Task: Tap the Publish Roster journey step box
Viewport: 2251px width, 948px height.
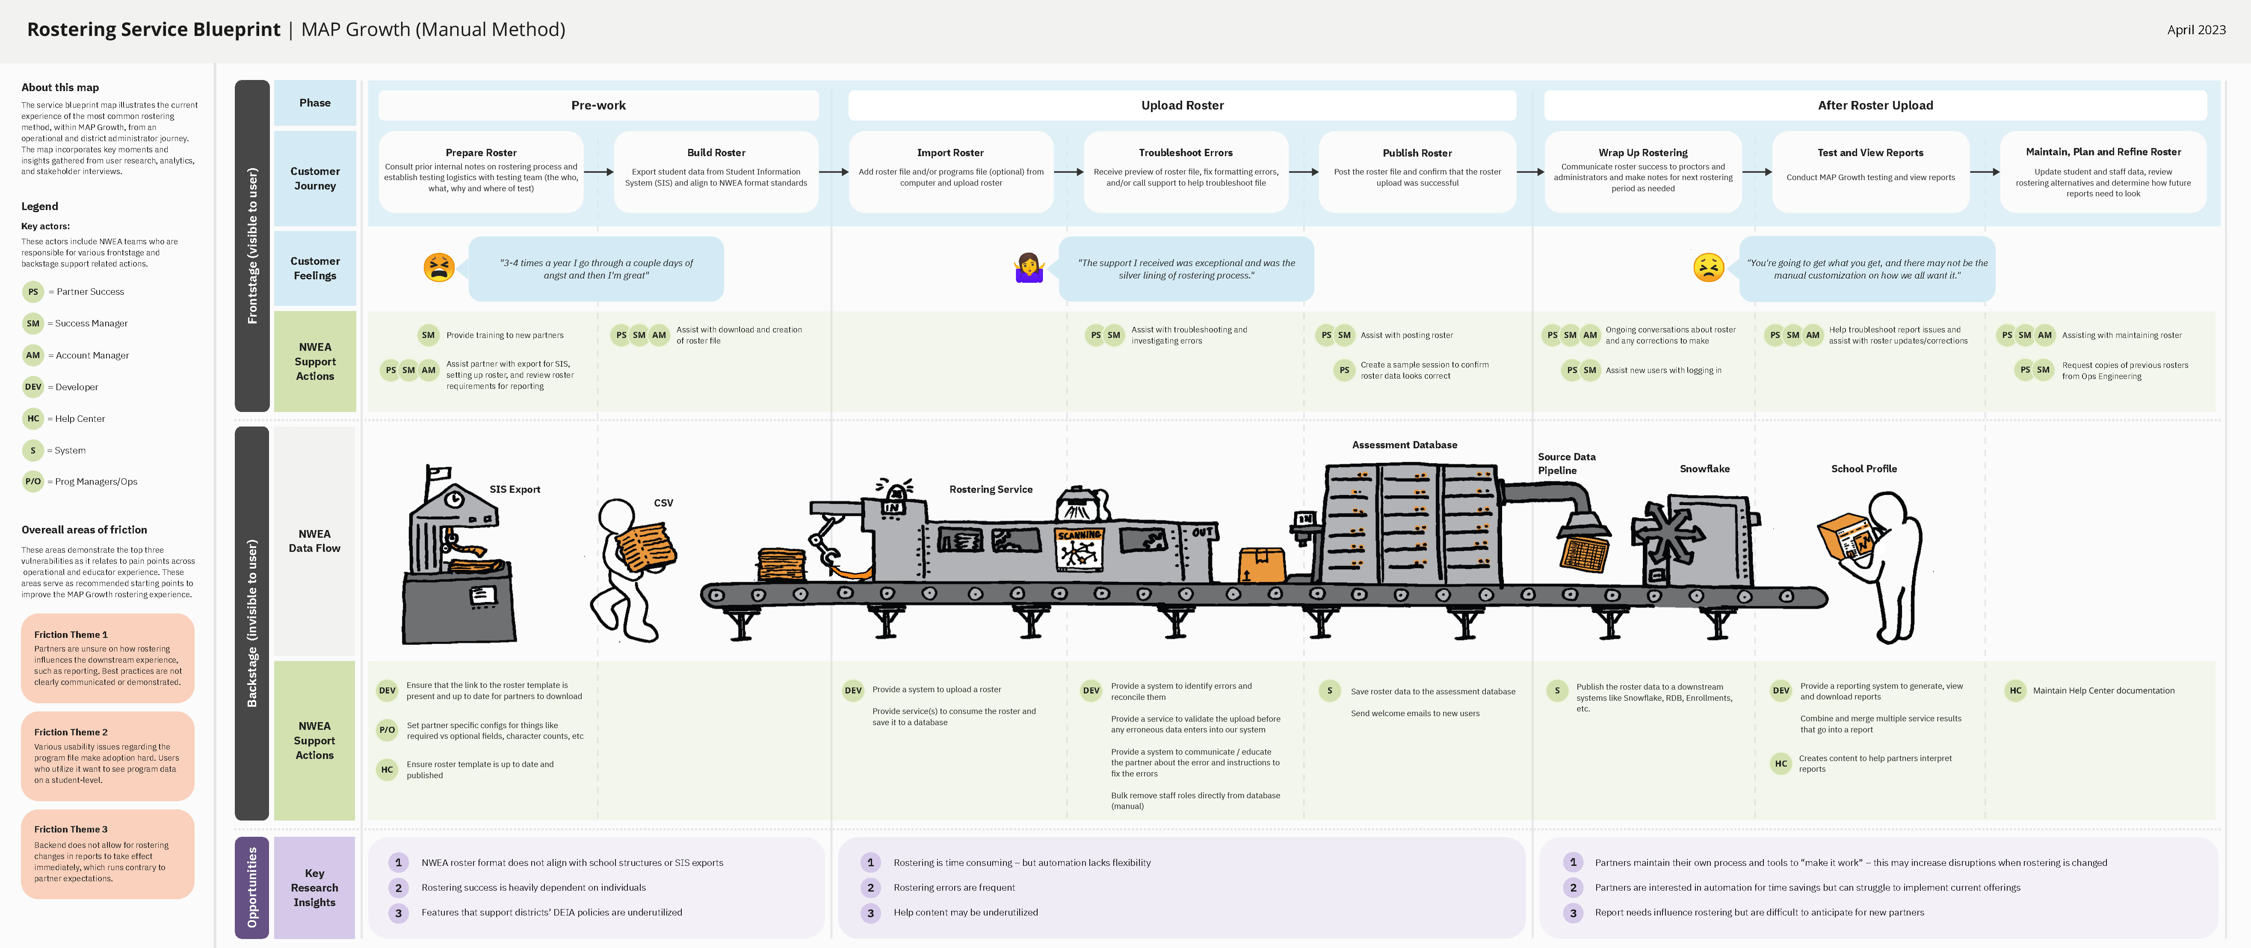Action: pyautogui.click(x=1417, y=171)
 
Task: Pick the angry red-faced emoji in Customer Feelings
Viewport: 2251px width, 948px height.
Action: pyautogui.click(x=439, y=267)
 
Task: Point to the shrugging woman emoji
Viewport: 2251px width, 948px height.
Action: pyautogui.click(x=1029, y=267)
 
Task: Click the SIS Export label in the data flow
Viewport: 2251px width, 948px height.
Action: pyautogui.click(x=515, y=489)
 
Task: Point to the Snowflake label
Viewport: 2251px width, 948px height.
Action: pyautogui.click(x=1704, y=469)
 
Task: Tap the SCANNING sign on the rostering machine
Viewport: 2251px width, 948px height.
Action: pyautogui.click(x=1079, y=535)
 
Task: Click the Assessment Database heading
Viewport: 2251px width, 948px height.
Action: pyautogui.click(x=1404, y=445)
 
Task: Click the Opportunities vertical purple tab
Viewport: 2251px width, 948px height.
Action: pyautogui.click(x=251, y=887)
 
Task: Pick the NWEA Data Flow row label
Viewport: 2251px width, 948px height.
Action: pyautogui.click(x=315, y=541)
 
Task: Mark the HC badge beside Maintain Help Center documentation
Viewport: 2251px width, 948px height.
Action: pyautogui.click(x=2015, y=690)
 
